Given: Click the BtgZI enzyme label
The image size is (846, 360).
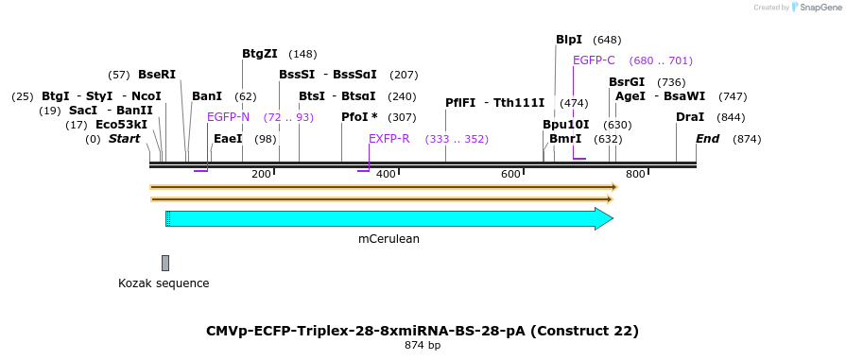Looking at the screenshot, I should click(x=260, y=54).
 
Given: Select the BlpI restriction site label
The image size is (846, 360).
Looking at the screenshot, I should click(x=569, y=40).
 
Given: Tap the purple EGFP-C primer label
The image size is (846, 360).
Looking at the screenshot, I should click(x=594, y=60).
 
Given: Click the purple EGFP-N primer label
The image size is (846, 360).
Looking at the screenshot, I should click(x=228, y=117).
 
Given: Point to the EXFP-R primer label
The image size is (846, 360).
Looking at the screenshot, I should click(x=389, y=139).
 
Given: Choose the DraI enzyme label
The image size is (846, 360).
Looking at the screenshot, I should click(x=690, y=117).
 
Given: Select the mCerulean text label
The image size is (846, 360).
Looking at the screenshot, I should click(x=388, y=239).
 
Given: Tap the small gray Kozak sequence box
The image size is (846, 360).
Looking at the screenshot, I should click(x=165, y=263).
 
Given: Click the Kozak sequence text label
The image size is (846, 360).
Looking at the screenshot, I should click(x=164, y=283).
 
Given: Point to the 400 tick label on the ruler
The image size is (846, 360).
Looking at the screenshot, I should click(x=386, y=174).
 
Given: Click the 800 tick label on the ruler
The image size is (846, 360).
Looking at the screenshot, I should click(x=635, y=174).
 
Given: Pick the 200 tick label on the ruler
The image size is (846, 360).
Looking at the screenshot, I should click(x=261, y=174).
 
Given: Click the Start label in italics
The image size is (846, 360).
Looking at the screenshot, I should click(x=124, y=139).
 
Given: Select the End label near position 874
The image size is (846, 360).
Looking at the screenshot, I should click(x=707, y=139).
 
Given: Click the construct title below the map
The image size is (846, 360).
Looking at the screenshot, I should click(x=423, y=331).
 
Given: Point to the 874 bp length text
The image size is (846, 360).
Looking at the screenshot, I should click(x=423, y=346).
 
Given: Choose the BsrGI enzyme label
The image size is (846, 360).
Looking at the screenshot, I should click(x=627, y=82).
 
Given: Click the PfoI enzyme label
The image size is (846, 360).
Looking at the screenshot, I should click(x=359, y=117).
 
